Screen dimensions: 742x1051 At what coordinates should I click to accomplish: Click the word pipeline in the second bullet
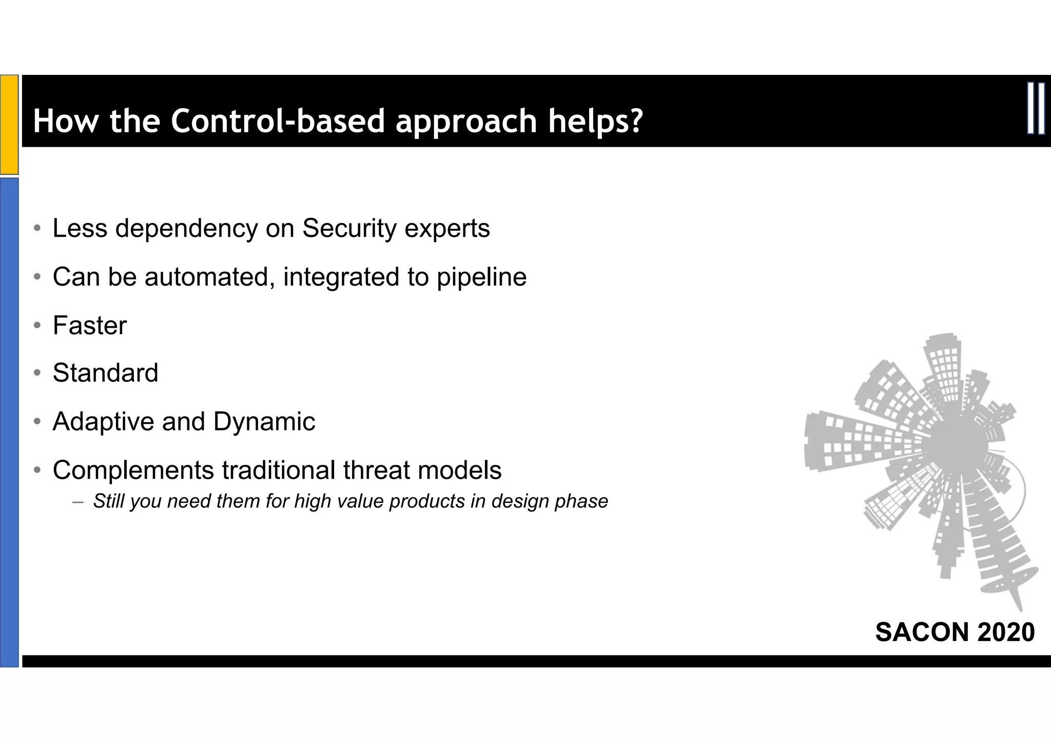[x=481, y=277]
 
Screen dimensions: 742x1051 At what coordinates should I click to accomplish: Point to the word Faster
[x=90, y=326]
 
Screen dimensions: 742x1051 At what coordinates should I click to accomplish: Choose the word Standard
[x=105, y=373]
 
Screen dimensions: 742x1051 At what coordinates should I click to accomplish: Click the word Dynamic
[x=264, y=422]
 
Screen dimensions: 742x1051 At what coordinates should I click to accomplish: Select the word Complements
[x=133, y=470]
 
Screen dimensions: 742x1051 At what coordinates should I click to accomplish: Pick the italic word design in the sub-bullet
[x=515, y=502]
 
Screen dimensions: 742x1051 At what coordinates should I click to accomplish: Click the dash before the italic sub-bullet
[x=77, y=502]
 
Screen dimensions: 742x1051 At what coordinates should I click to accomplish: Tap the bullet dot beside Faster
[x=37, y=326]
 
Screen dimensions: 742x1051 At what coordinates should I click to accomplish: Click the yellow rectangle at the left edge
[x=9, y=125]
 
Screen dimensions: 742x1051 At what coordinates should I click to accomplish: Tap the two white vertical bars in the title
[x=1036, y=109]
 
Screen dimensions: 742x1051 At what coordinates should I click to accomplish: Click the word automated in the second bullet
[x=206, y=277]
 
